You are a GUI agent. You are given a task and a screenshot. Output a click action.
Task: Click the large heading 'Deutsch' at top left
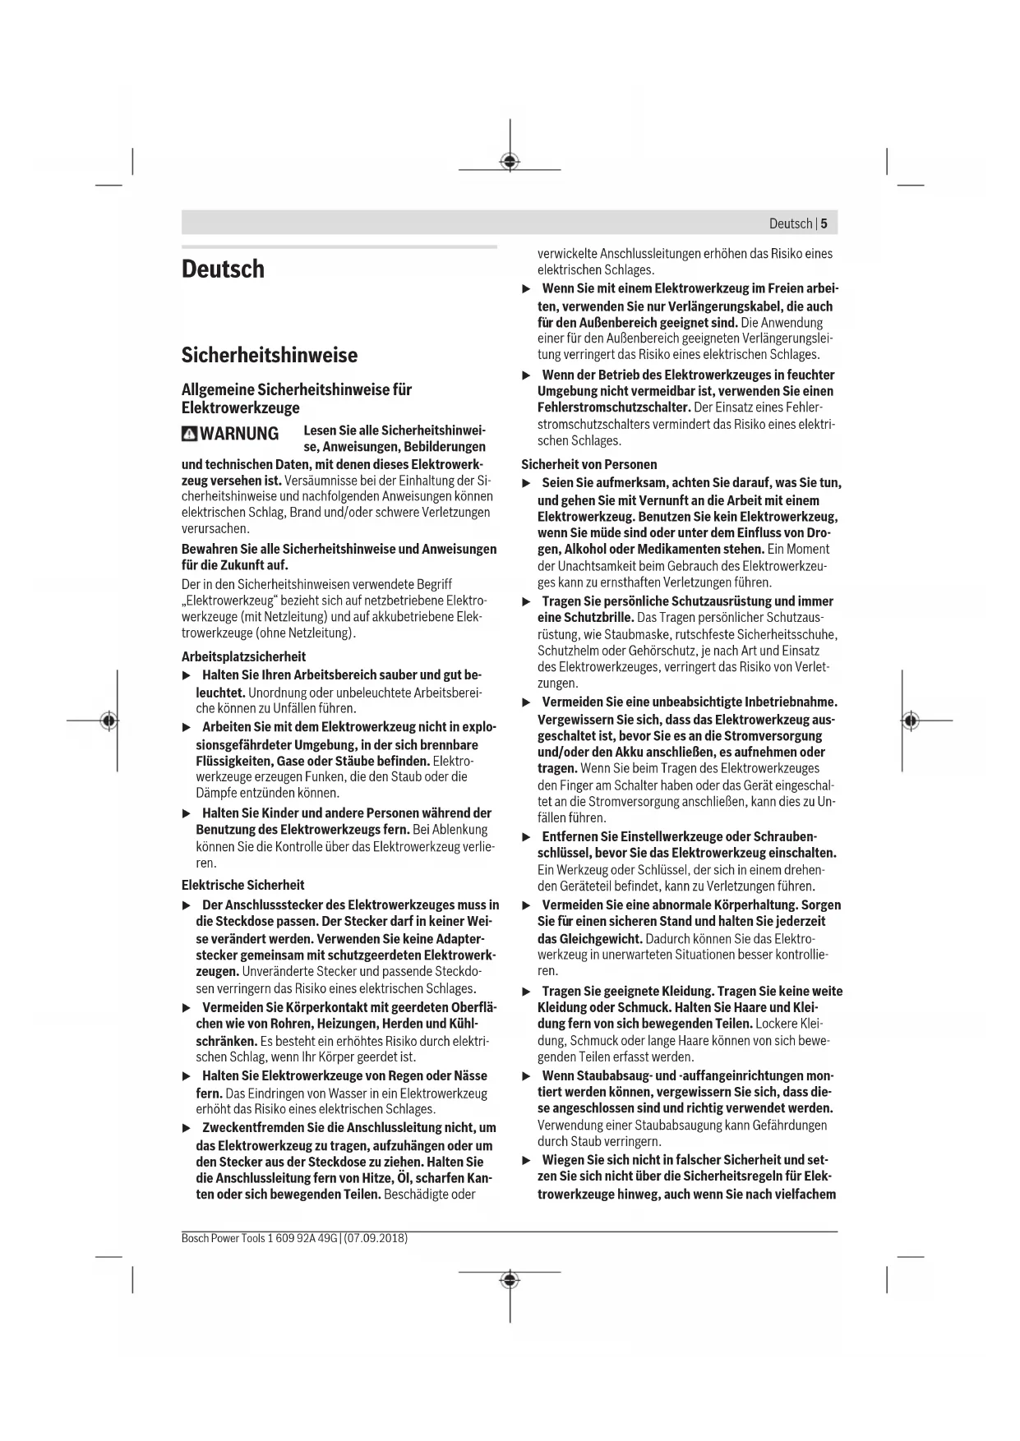point(223,269)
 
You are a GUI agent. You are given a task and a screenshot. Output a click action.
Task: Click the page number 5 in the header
point(824,223)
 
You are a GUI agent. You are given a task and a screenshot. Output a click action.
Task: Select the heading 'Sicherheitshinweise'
point(269,355)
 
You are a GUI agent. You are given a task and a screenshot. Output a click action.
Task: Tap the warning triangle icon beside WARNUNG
point(190,434)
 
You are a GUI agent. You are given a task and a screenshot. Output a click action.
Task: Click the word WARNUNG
point(239,434)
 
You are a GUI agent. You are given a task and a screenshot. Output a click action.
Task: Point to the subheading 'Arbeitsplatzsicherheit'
point(243,656)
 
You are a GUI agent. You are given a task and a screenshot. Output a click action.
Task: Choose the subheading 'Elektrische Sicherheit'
point(242,885)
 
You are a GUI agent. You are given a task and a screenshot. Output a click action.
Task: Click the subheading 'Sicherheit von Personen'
point(588,464)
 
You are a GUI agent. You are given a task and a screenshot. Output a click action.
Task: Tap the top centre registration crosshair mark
point(510,161)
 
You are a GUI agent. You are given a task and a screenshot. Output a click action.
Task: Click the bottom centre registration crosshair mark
point(510,1280)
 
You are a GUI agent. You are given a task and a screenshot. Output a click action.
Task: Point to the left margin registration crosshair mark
point(108,720)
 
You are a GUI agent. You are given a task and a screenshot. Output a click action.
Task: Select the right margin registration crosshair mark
point(909,720)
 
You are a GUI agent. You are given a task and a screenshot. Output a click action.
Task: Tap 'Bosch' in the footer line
point(195,1238)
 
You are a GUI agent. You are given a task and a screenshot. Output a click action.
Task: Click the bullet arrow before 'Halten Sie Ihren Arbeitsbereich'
point(186,675)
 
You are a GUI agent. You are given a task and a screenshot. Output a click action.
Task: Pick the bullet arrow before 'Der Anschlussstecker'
point(186,905)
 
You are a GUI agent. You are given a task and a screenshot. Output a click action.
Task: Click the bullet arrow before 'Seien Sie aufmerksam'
point(527,483)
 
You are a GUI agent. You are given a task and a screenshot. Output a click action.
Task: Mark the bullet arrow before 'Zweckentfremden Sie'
point(186,1128)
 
